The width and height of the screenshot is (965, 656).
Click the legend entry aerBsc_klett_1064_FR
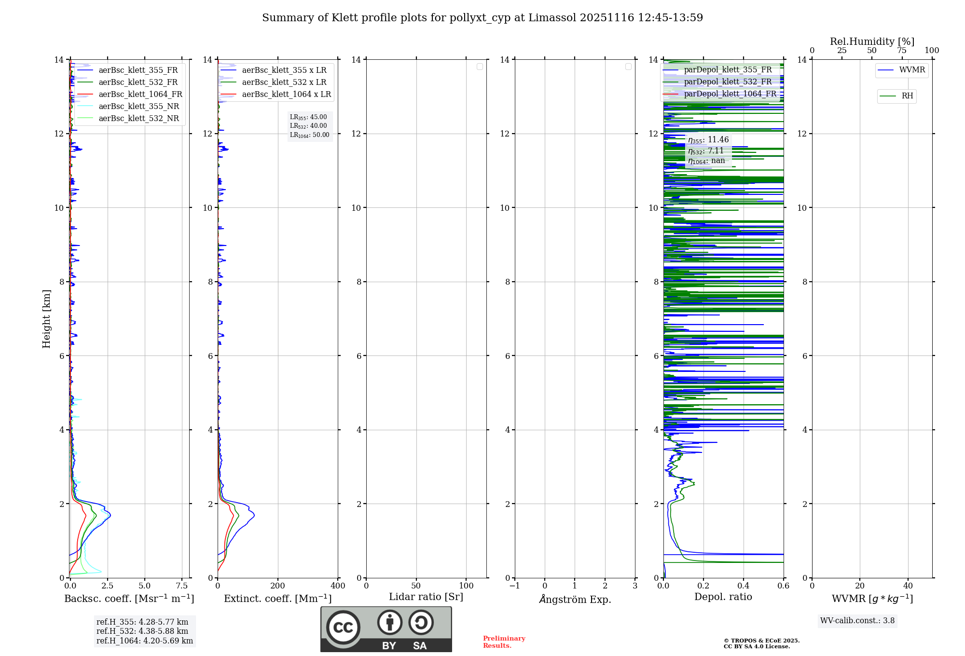[140, 95]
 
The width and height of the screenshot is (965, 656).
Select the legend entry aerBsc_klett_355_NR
[138, 107]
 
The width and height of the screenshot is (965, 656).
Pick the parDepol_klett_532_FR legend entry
[728, 82]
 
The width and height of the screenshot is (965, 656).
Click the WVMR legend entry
[911, 70]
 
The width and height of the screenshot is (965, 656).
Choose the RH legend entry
[907, 96]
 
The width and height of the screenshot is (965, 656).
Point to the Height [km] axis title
[46, 319]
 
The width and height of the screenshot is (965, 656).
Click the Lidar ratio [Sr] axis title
[426, 597]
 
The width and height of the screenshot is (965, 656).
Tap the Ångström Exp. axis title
[575, 600]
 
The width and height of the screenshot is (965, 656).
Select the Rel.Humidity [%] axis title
[872, 41]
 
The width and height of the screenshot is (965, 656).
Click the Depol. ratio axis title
[723, 597]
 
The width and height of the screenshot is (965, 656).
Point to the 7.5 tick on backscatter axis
[182, 586]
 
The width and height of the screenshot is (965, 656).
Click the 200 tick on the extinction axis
[278, 586]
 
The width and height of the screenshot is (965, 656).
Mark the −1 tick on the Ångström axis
[515, 586]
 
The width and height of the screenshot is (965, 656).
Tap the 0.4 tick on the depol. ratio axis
[744, 586]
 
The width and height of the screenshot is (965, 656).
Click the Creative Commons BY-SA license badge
[386, 629]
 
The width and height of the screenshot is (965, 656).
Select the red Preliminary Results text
[504, 642]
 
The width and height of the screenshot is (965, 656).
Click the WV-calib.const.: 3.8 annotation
[857, 621]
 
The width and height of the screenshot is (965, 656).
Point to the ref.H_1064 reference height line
[144, 641]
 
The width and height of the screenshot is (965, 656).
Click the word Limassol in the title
[552, 18]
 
